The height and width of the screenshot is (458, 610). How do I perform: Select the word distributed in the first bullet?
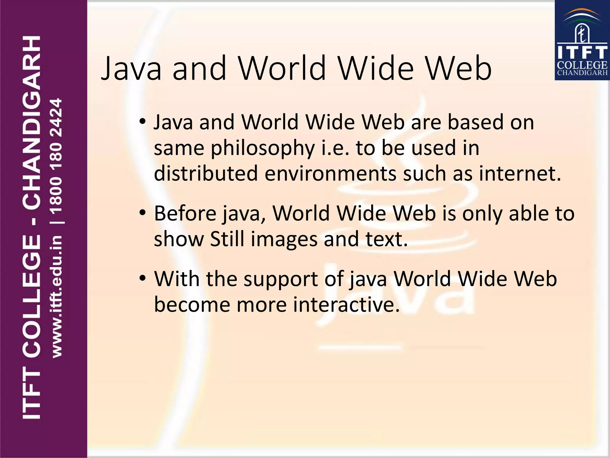[206, 173]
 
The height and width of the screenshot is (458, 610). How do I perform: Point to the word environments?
[330, 174]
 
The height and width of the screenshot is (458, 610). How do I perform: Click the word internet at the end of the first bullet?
[520, 173]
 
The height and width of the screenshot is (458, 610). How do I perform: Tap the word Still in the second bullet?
[227, 239]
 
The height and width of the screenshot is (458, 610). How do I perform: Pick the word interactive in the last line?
[346, 305]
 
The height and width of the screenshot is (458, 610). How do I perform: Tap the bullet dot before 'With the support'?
[143, 278]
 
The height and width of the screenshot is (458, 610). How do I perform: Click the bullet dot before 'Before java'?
[143, 213]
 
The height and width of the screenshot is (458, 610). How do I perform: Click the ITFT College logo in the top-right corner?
[582, 40]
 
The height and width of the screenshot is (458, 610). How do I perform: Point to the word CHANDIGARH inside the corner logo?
[582, 73]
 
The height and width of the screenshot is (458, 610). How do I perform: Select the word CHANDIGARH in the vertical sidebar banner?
[31, 122]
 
